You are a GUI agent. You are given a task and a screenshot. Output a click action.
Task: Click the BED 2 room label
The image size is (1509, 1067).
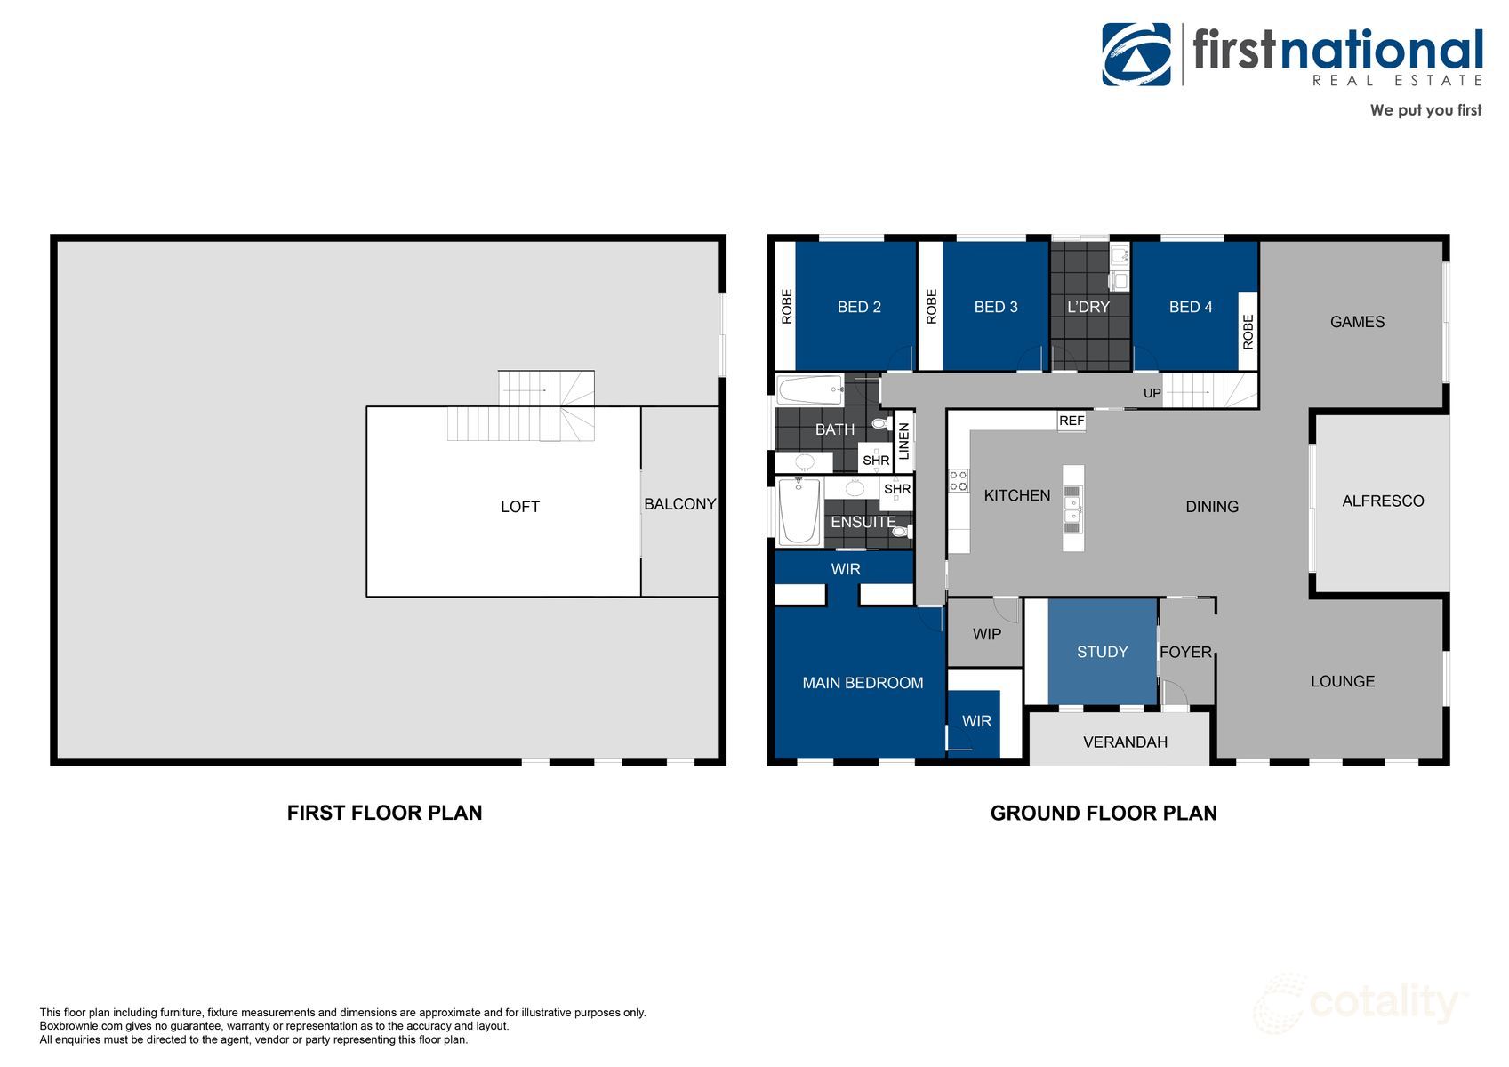coord(858,307)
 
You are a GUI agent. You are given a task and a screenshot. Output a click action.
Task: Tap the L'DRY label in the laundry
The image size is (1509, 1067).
coord(1088,307)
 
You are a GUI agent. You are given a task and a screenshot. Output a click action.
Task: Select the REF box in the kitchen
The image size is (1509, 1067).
coord(1072,421)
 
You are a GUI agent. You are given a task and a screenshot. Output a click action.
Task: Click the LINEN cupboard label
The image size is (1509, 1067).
coord(904,441)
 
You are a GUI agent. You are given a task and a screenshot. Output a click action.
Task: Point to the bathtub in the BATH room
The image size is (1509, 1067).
coord(809,389)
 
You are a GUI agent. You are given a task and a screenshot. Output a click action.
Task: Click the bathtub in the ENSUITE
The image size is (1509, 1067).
coord(799,512)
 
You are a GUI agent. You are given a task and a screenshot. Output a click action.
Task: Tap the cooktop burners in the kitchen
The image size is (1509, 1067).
coord(958,481)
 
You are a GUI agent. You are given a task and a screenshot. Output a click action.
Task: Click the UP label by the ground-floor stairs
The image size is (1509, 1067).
coord(1152,393)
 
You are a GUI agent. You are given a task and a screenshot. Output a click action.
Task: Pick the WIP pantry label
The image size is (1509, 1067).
coord(986,634)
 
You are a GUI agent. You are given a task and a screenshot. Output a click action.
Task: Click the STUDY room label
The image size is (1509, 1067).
coord(1102,652)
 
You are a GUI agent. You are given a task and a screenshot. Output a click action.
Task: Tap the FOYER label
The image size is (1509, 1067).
coord(1185,652)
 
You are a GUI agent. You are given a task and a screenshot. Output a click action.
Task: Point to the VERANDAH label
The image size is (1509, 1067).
coord(1125,742)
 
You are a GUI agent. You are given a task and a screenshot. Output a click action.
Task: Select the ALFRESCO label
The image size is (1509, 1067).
coord(1382,501)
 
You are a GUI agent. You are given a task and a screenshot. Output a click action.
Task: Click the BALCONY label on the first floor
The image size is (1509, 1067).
coord(679,504)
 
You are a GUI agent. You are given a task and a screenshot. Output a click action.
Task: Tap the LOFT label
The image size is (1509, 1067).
coord(519,507)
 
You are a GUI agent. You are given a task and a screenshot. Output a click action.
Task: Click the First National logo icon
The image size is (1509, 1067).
coord(1136,54)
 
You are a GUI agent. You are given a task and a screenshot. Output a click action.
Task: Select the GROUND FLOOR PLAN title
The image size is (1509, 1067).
coord(1103,813)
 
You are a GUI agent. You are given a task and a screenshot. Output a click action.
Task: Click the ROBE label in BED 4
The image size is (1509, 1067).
coord(1248,332)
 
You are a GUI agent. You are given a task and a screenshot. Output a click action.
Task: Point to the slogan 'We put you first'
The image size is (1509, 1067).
coord(1425,110)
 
